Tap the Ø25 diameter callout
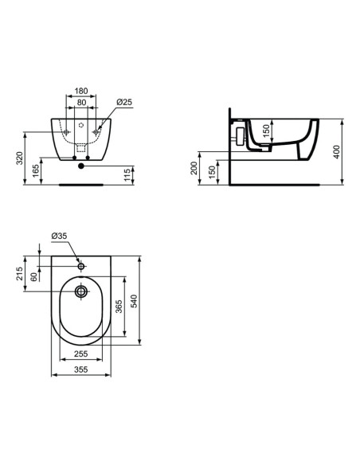pyautogui.click(x=123, y=103)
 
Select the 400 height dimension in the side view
pyautogui.click(x=339, y=152)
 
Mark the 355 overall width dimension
pyautogui.click(x=80, y=369)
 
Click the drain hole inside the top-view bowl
pyautogui.click(x=80, y=292)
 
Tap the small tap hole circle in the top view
pyautogui.click(x=80, y=264)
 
